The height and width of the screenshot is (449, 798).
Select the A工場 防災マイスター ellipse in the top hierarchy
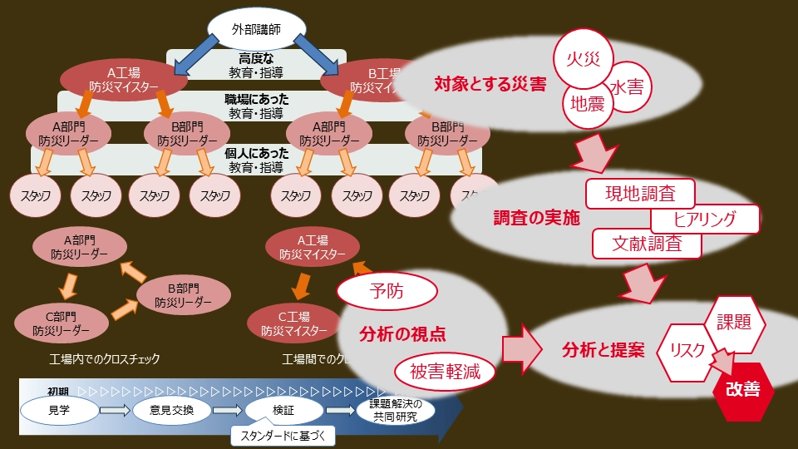(x=123, y=78)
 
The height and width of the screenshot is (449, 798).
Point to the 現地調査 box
(x=640, y=195)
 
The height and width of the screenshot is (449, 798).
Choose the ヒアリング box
(x=705, y=220)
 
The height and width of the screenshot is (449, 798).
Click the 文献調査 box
(x=647, y=244)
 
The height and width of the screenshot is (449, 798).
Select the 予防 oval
(x=387, y=291)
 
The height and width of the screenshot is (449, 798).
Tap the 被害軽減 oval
(x=445, y=372)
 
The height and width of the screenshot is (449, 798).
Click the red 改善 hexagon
(x=742, y=389)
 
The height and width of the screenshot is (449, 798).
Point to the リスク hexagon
(x=686, y=349)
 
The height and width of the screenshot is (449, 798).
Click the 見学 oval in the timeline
(x=59, y=409)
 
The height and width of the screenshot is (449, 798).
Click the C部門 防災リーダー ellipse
(x=62, y=323)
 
